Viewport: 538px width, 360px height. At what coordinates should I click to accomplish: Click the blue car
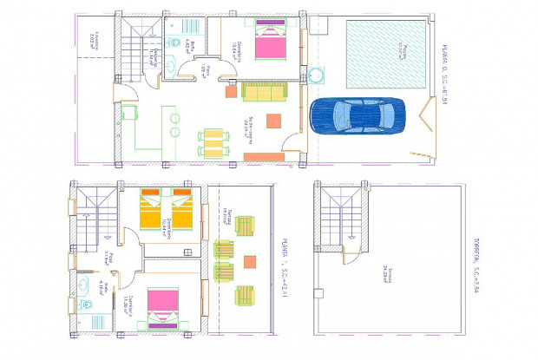coord(357,115)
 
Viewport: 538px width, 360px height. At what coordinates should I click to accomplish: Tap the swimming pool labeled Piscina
coord(387,53)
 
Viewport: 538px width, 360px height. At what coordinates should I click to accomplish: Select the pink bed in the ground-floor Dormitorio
coord(269,43)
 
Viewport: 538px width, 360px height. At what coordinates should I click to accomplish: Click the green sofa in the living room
coord(264,92)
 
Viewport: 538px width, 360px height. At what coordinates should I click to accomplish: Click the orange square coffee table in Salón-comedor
coord(274,121)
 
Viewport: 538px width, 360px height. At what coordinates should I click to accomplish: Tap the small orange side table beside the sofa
coord(232,91)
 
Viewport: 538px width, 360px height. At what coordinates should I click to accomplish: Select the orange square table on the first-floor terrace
coord(251,261)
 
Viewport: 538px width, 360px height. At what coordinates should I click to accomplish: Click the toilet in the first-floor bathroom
coord(88,304)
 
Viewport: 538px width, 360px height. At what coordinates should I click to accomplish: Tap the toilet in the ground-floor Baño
coord(174,42)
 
